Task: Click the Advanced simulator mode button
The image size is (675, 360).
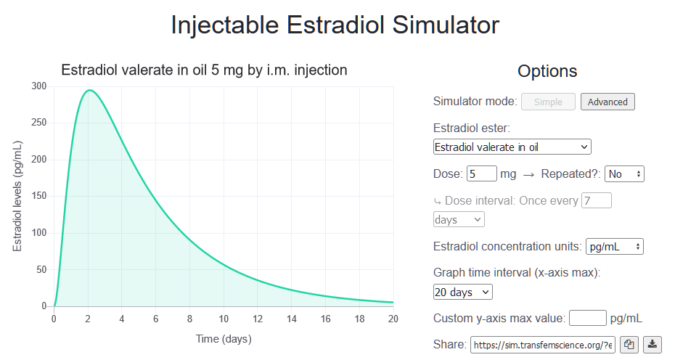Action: coord(607,102)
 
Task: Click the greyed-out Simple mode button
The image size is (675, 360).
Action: coord(548,102)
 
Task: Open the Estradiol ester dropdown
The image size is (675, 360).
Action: coord(512,147)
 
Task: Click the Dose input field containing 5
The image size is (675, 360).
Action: coord(482,174)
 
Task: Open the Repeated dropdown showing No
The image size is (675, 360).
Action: coord(624,174)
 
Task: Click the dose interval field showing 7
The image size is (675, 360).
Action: coord(597,200)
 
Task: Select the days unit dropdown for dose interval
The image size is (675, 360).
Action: coord(459,219)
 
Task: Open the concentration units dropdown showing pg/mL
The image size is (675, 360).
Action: coord(614,247)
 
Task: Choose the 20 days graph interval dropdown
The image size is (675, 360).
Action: coord(463,292)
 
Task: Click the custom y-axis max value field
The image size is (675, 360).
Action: coord(587,318)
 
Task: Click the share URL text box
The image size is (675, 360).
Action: coord(543,345)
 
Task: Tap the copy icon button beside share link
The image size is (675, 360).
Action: coord(629,345)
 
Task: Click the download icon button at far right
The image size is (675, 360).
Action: coord(653,345)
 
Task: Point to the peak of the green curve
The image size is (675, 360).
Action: coord(89,91)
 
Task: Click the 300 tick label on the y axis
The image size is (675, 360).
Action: coord(39,86)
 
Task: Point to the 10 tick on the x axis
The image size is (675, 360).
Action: coord(224,318)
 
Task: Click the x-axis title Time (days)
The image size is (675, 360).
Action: coord(224,339)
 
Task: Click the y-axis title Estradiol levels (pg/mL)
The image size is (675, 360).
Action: coord(17,196)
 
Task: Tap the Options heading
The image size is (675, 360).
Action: coord(547,71)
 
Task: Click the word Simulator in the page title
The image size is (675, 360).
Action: coord(446,25)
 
